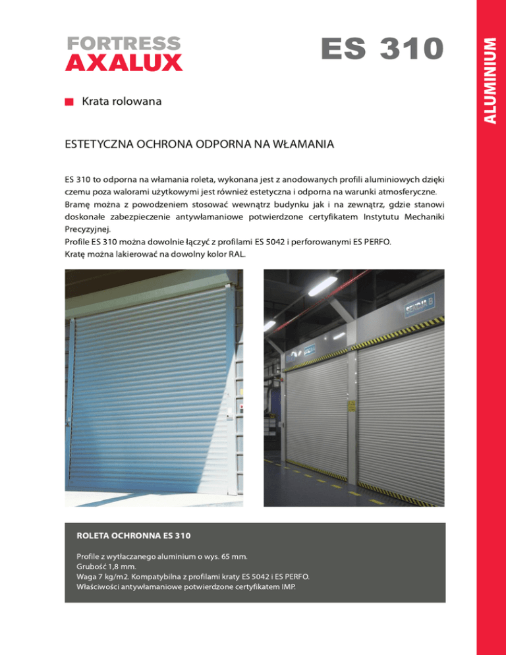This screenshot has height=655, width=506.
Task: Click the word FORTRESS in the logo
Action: tap(123, 43)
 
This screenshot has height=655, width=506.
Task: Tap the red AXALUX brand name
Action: tap(123, 63)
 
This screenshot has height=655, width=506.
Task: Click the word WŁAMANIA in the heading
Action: tap(304, 144)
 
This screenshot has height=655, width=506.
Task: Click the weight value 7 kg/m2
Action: tap(111, 576)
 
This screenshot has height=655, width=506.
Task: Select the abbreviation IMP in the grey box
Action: tap(285, 585)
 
